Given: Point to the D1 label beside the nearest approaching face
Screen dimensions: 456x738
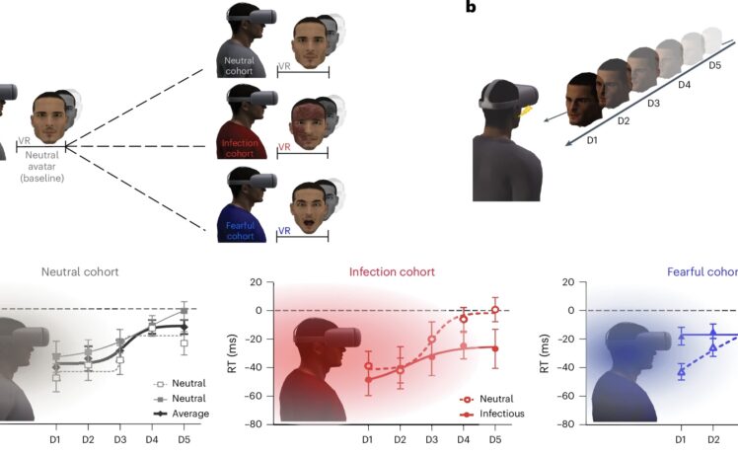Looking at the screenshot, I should point(592,140).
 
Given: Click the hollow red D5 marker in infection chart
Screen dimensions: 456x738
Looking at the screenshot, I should point(494,309).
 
